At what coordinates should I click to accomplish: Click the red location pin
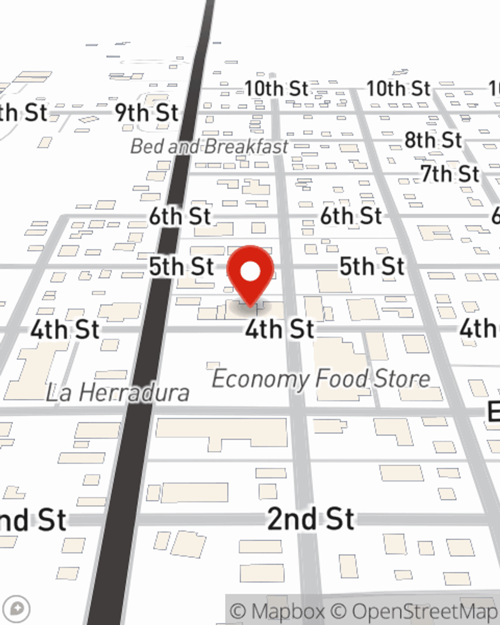(x=250, y=272)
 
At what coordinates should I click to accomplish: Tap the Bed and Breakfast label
(x=209, y=146)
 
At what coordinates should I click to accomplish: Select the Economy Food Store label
(x=321, y=378)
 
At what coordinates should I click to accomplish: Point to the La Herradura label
(x=118, y=392)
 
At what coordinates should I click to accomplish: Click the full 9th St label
(x=146, y=113)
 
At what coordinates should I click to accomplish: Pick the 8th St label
(x=433, y=140)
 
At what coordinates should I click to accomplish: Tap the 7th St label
(x=450, y=174)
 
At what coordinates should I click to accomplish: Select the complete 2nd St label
(x=311, y=518)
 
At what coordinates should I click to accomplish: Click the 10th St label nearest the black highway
(x=276, y=89)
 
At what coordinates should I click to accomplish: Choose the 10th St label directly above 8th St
(x=398, y=89)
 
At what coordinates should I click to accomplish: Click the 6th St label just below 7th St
(x=351, y=216)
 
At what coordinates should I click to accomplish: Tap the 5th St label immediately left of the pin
(x=181, y=266)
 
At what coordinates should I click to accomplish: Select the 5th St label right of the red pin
(x=371, y=266)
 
